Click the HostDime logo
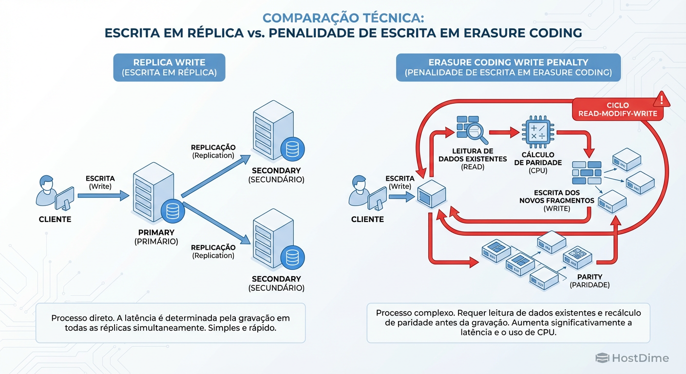click(632, 358)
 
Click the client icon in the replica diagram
click(55, 191)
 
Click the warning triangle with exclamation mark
click(662, 100)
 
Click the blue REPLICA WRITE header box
click(169, 67)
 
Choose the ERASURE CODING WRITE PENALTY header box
click(508, 67)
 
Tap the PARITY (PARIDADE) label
click(590, 280)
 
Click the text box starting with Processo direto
click(170, 323)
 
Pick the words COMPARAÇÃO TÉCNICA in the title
click(343, 18)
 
